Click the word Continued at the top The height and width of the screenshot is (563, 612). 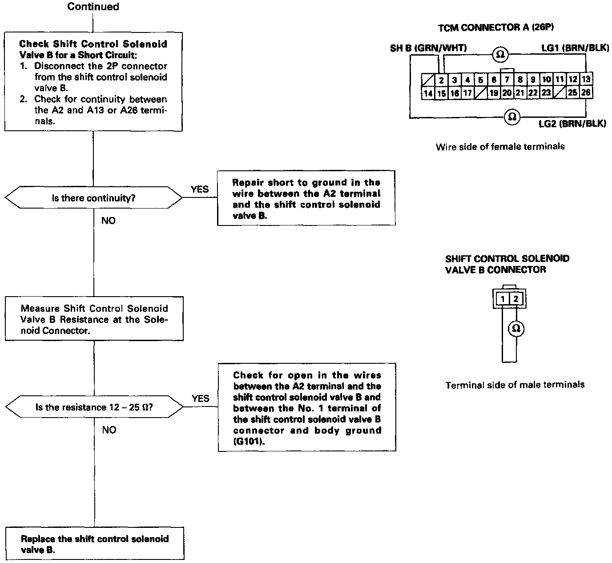click(x=93, y=7)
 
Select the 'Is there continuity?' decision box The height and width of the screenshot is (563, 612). click(x=93, y=198)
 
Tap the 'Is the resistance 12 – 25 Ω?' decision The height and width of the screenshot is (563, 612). click(x=94, y=407)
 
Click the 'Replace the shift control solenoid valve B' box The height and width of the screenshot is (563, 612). click(x=95, y=543)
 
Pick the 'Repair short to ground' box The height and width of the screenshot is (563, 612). click(x=306, y=199)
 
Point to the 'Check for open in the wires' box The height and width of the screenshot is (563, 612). click(x=307, y=408)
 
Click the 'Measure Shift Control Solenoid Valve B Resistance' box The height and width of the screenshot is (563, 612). click(x=94, y=319)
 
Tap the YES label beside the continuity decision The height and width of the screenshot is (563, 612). click(x=200, y=189)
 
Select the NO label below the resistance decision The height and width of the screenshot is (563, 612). click(x=109, y=430)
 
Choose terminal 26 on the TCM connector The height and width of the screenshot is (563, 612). click(x=586, y=92)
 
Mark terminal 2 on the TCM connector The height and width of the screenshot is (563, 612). click(x=441, y=80)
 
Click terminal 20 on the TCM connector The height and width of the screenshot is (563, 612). click(x=507, y=92)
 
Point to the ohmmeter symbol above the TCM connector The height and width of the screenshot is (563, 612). click(x=500, y=54)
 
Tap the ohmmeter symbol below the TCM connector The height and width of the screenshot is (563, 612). click(x=512, y=117)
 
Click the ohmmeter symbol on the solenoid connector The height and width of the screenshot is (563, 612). click(x=516, y=329)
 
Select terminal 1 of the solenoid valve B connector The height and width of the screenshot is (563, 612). click(x=503, y=299)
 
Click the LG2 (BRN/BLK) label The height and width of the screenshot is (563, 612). click(x=572, y=124)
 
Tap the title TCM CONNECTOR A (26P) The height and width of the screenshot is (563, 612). click(x=496, y=28)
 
